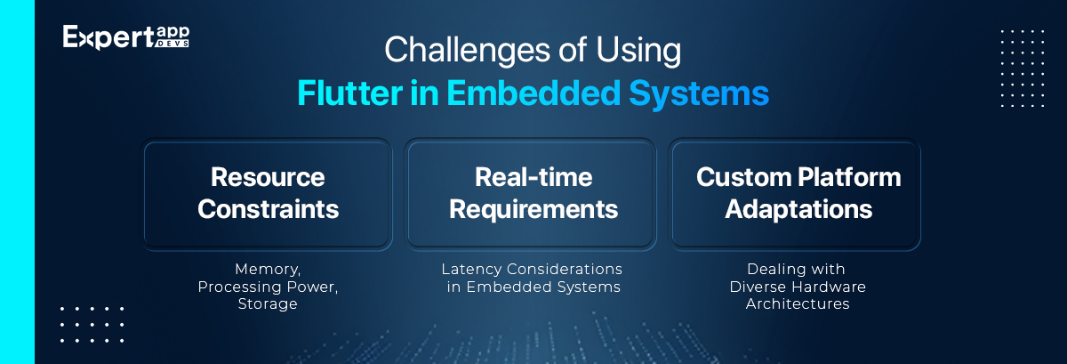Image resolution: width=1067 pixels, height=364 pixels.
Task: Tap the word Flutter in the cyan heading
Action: [349, 93]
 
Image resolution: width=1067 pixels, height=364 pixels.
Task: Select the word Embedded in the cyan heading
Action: [533, 93]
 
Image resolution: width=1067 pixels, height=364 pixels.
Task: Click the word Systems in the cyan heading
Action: [699, 94]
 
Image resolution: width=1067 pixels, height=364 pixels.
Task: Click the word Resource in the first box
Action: [268, 177]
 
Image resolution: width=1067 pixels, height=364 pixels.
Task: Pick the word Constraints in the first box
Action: [269, 209]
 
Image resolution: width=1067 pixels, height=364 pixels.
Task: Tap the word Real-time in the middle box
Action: [533, 177]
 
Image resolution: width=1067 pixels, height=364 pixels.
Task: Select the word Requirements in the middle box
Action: [533, 210]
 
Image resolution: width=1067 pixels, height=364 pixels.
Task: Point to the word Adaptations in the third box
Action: [798, 210]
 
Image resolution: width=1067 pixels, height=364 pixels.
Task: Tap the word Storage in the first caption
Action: [268, 304]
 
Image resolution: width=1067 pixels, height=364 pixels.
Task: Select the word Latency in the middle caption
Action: [471, 270]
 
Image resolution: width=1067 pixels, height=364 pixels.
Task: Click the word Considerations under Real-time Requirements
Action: [565, 269]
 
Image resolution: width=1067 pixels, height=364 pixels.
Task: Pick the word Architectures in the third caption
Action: [798, 303]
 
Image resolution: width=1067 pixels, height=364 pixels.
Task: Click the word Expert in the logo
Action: [108, 37]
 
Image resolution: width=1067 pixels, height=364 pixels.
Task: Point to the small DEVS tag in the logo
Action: [172, 44]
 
